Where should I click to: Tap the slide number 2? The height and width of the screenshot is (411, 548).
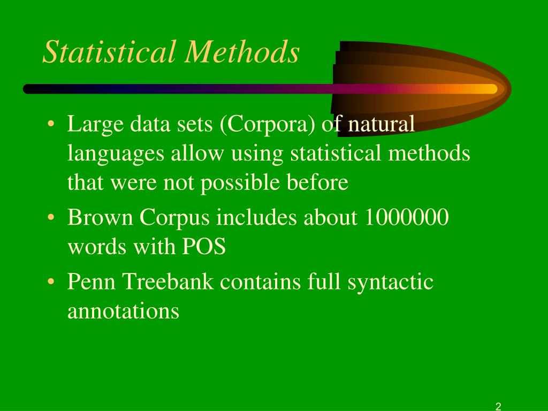click(x=498, y=406)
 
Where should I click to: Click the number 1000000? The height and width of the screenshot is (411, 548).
click(x=407, y=218)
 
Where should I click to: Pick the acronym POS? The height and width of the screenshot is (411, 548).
click(x=205, y=247)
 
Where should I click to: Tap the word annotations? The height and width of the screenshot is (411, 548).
click(x=123, y=311)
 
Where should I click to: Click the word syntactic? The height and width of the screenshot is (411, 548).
click(x=390, y=282)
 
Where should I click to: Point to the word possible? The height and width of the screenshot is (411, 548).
click(x=240, y=183)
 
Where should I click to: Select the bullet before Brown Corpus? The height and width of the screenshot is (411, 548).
click(x=51, y=219)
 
